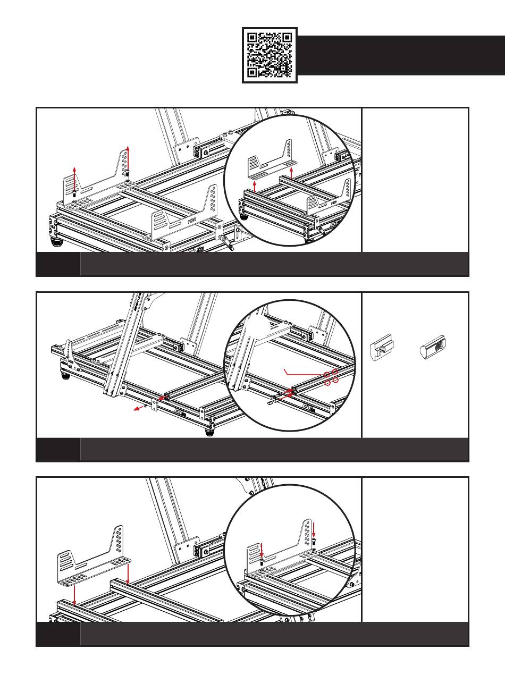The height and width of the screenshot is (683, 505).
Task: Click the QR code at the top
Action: click(270, 55)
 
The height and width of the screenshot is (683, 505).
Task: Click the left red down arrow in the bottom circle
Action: click(262, 549)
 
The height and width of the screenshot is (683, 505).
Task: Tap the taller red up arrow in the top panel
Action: click(128, 157)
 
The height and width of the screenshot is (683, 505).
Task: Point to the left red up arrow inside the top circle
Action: click(256, 184)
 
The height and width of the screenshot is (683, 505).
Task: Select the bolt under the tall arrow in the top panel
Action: click(128, 173)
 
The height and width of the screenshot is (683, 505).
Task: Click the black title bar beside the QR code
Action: click(401, 55)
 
